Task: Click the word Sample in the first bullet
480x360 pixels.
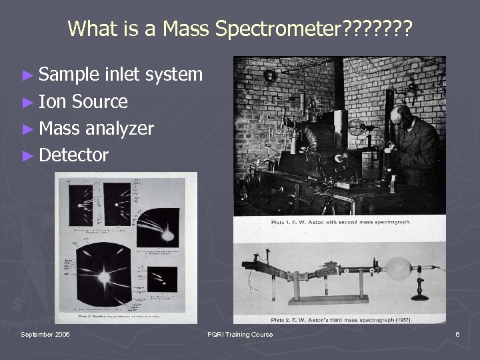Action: click(70, 75)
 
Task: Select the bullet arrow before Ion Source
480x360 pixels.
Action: click(29, 102)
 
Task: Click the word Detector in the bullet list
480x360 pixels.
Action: click(73, 155)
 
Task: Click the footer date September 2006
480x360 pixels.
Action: click(45, 334)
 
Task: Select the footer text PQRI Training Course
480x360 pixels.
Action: click(239, 334)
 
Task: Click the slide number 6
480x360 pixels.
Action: click(457, 334)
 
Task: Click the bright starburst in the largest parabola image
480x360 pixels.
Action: click(105, 275)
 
